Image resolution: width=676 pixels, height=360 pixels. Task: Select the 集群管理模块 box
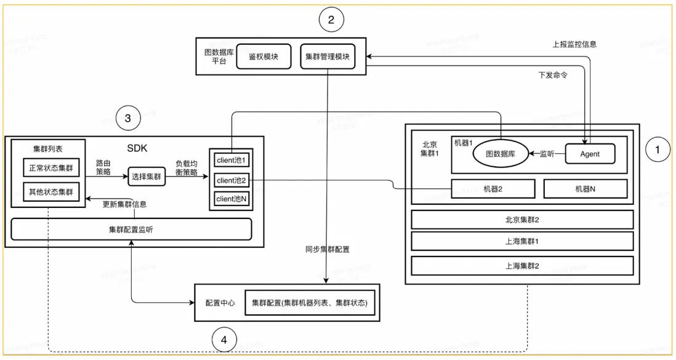(328, 57)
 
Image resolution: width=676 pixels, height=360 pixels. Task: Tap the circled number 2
(331, 20)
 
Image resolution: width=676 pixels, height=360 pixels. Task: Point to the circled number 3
(127, 119)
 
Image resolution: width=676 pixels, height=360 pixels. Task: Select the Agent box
(590, 154)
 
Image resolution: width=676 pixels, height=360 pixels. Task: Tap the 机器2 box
(493, 188)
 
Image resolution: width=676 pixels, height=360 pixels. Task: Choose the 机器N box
(584, 188)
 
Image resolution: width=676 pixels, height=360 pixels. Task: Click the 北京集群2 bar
(521, 220)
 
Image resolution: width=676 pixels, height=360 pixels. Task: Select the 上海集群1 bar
(521, 242)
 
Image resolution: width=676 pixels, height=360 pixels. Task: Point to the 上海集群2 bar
(521, 265)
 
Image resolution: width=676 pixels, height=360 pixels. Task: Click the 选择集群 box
(146, 177)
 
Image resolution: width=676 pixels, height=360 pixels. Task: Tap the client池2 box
(231, 180)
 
